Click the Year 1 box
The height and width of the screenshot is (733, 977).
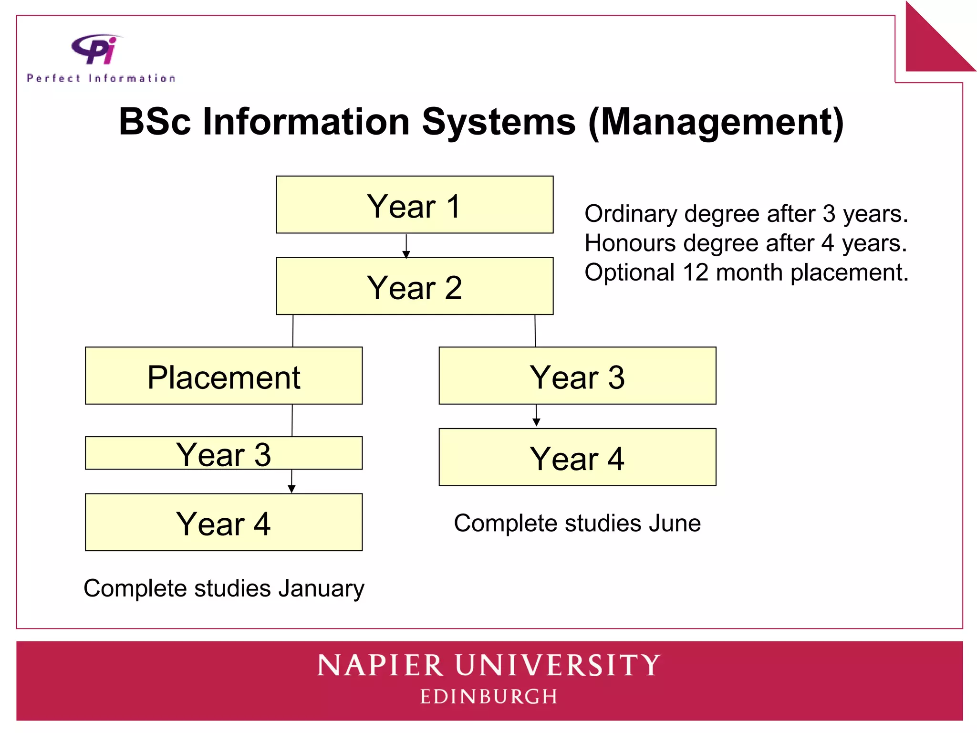click(x=415, y=205)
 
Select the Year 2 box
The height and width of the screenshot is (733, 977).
click(x=415, y=286)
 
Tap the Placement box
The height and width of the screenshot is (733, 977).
click(x=224, y=376)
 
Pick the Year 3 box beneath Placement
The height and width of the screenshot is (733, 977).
click(x=224, y=453)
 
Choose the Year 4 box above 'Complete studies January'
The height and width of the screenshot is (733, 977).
click(x=224, y=522)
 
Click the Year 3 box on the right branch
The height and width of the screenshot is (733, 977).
click(x=577, y=376)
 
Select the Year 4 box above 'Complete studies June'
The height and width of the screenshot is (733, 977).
click(x=577, y=457)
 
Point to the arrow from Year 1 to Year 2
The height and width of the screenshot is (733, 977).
click(x=406, y=246)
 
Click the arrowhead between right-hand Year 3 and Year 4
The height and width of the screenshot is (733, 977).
click(x=536, y=422)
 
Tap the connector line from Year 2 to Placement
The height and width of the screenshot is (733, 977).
click(x=293, y=331)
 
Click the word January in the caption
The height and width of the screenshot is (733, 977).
click(x=322, y=588)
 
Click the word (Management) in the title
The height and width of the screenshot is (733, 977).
click(x=716, y=122)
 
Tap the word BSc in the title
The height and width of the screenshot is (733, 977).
click(x=155, y=122)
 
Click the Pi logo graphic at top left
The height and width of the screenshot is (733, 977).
click(x=95, y=49)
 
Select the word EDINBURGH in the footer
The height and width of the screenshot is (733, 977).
click(x=488, y=697)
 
